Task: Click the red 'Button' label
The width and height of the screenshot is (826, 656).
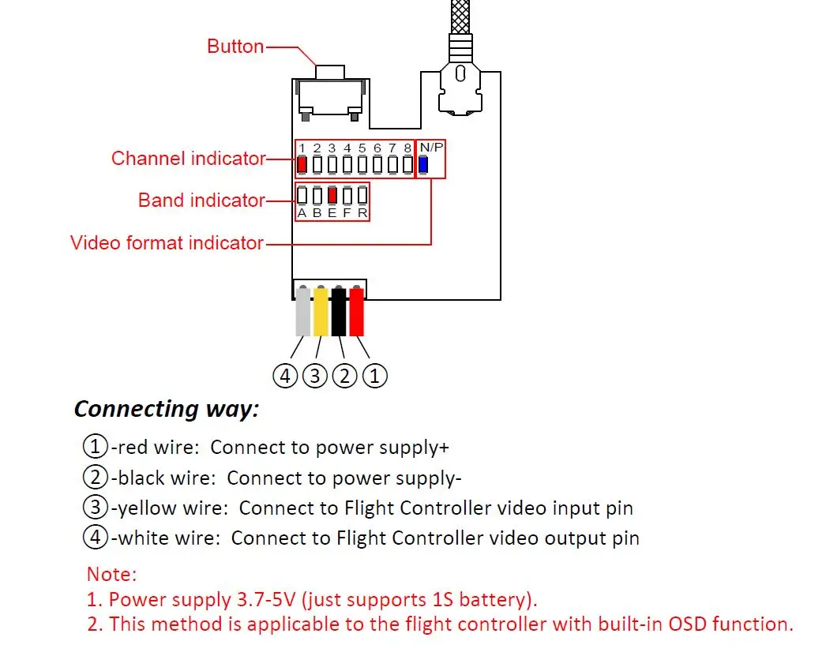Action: pyautogui.click(x=235, y=47)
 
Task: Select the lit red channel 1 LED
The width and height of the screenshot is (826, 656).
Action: pyautogui.click(x=302, y=165)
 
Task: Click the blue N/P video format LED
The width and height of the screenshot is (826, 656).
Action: pyautogui.click(x=423, y=165)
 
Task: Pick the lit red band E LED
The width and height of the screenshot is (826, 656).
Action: pyautogui.click(x=332, y=195)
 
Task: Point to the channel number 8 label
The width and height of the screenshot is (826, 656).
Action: pyautogui.click(x=407, y=148)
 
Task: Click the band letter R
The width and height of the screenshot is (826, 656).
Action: pyautogui.click(x=362, y=212)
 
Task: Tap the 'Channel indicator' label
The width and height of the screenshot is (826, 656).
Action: pyautogui.click(x=188, y=159)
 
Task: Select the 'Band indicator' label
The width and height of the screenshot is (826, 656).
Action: pyautogui.click(x=201, y=201)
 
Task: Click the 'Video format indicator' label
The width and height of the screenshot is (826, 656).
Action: pyautogui.click(x=167, y=242)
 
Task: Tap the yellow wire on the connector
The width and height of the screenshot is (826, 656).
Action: pyautogui.click(x=321, y=311)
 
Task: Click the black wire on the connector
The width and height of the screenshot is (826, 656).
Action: pyautogui.click(x=339, y=311)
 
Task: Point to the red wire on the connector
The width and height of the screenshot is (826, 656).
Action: pyautogui.click(x=357, y=311)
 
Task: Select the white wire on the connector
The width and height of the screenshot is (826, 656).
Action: pyautogui.click(x=303, y=311)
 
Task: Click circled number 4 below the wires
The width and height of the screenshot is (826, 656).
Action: pyautogui.click(x=285, y=376)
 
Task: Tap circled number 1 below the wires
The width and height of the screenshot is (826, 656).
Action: pyautogui.click(x=374, y=376)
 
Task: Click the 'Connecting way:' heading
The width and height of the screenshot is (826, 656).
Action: pyautogui.click(x=167, y=409)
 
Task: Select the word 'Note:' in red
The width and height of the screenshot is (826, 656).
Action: pyautogui.click(x=111, y=574)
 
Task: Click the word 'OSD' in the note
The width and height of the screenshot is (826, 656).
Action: pyautogui.click(x=687, y=624)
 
